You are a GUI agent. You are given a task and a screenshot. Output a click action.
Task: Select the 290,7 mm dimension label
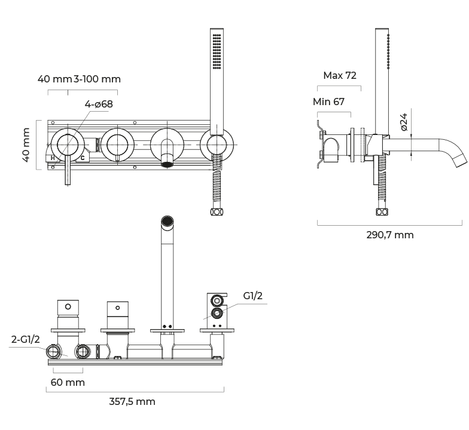pyautogui.click(x=389, y=235)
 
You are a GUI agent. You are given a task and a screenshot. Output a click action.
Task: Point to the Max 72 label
pyautogui.click(x=339, y=75)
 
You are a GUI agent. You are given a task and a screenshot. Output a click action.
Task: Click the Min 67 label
pyautogui.click(x=328, y=102)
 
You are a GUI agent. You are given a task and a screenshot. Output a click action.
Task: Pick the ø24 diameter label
pyautogui.click(x=403, y=121)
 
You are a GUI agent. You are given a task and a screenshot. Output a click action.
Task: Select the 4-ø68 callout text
pyautogui.click(x=99, y=104)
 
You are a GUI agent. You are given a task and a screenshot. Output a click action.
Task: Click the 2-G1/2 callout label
pyautogui.click(x=26, y=339)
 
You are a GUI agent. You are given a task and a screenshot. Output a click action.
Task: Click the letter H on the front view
pyautogui.click(x=53, y=158)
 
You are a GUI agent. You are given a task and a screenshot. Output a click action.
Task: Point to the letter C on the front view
pyautogui.click(x=83, y=158)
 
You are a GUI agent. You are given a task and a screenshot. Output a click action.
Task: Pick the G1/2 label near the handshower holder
pyautogui.click(x=252, y=296)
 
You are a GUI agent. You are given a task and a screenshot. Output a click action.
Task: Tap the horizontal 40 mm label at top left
pyautogui.click(x=54, y=79)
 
